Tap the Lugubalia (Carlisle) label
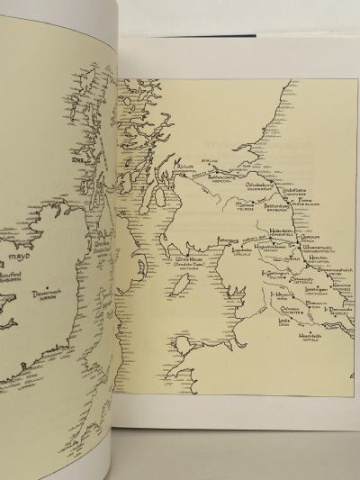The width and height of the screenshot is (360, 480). point(237,255)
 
